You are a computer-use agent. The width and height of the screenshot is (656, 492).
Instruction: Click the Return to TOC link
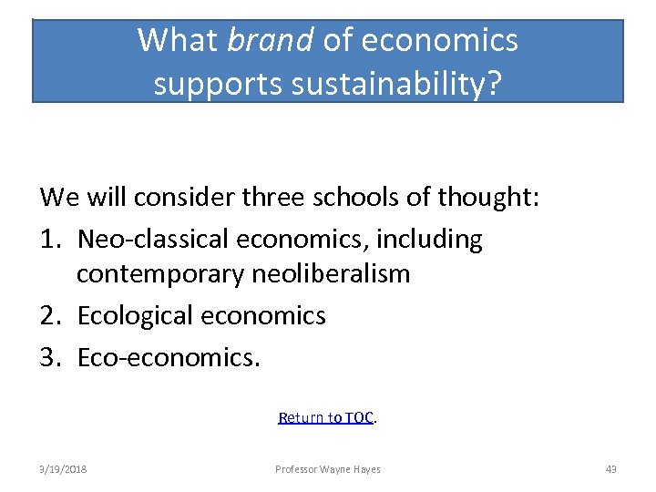326,417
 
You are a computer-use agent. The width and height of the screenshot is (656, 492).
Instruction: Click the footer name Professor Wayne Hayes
328,469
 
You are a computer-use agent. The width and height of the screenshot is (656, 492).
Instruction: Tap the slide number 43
610,469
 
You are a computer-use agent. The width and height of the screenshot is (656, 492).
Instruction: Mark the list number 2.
49,316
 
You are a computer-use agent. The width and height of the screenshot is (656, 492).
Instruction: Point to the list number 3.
49,356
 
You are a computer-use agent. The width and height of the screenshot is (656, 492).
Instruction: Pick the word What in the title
178,40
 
